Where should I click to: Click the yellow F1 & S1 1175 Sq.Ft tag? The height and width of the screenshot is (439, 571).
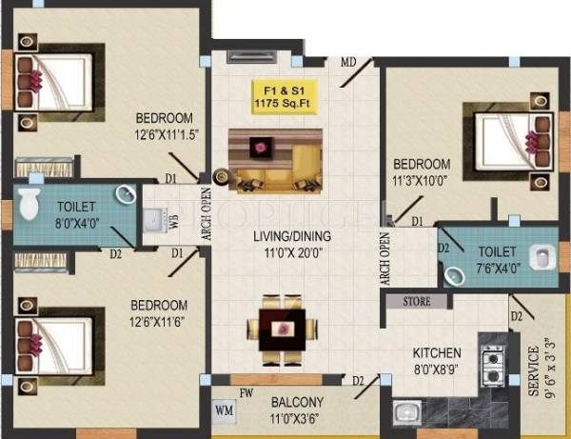click(282, 98)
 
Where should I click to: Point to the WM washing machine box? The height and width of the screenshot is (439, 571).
click(225, 410)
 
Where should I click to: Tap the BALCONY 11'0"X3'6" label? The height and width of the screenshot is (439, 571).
click(297, 409)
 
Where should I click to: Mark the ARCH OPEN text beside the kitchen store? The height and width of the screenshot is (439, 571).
click(385, 257)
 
